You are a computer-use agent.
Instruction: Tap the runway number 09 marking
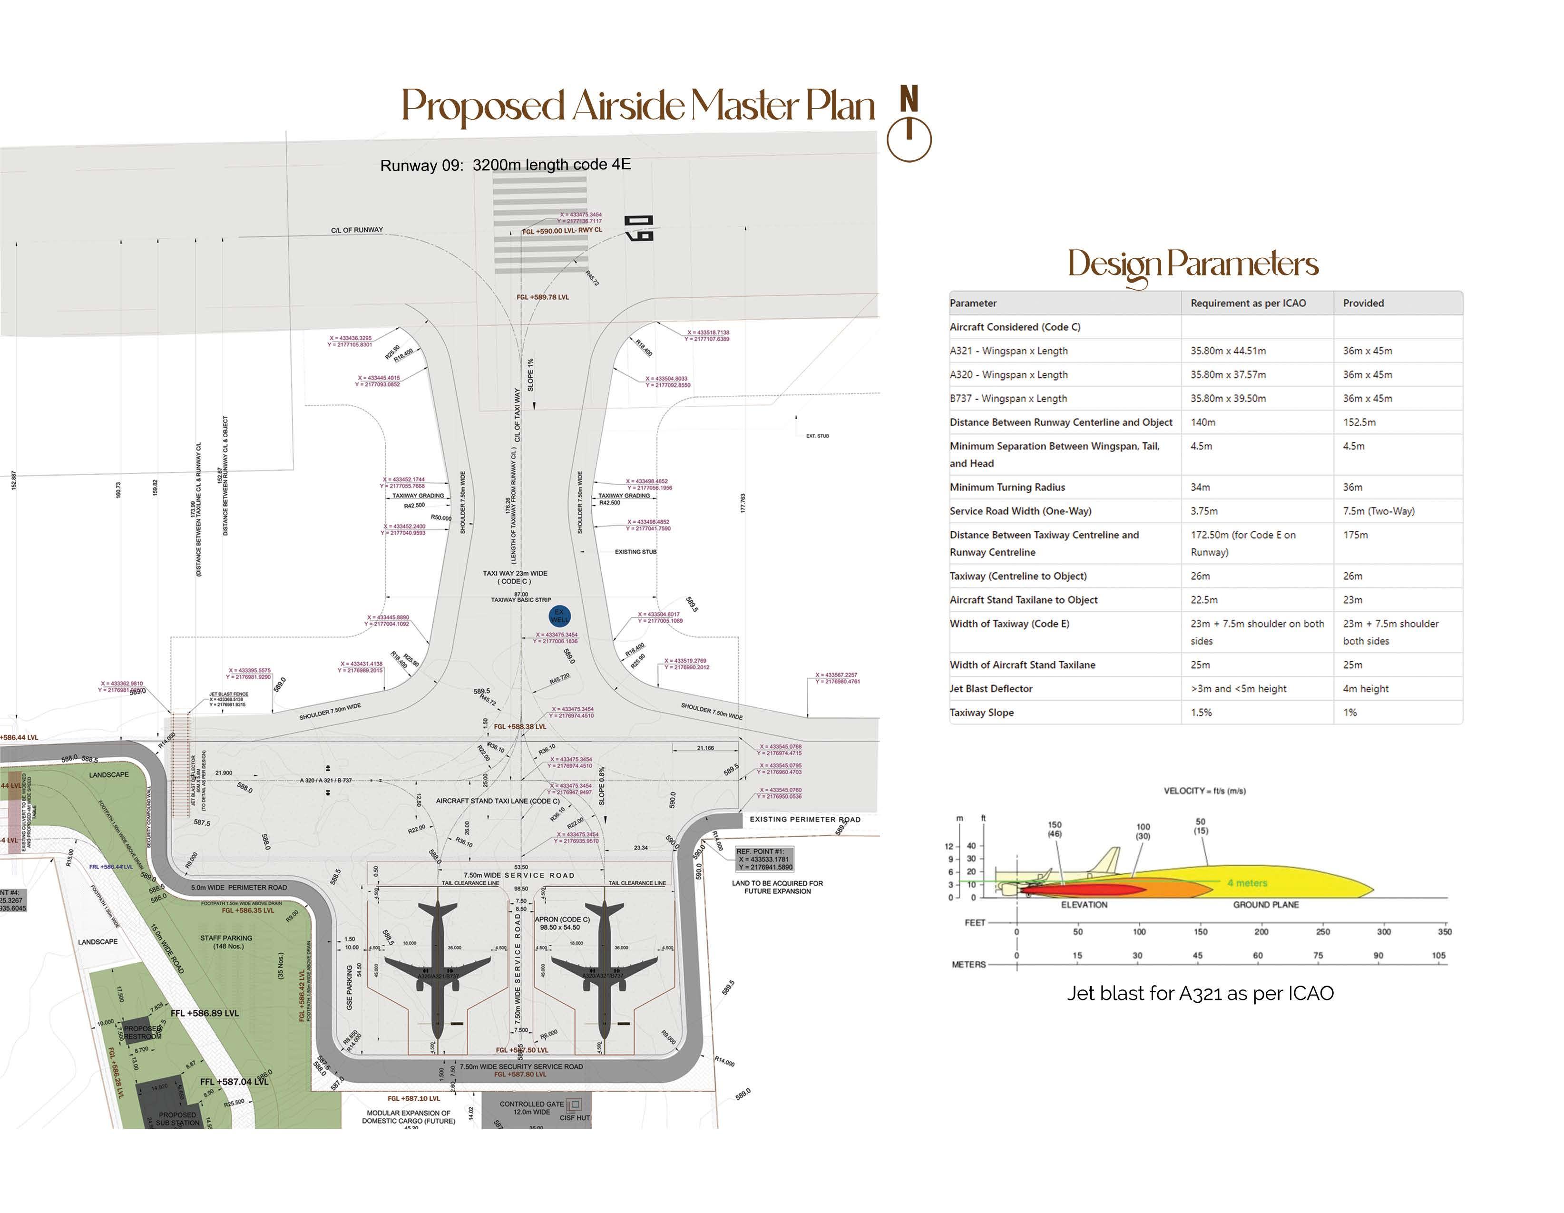click(x=639, y=228)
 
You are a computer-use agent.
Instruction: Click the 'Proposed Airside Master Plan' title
click(x=637, y=106)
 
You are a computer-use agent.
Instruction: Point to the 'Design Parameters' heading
click(x=1193, y=264)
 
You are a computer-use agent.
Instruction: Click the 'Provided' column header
click(x=1363, y=303)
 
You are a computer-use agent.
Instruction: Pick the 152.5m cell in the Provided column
click(x=1359, y=422)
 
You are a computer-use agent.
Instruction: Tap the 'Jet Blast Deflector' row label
click(x=990, y=689)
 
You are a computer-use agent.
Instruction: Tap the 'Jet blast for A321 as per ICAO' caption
click(x=1200, y=993)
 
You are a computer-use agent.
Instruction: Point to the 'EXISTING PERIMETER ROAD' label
click(x=804, y=819)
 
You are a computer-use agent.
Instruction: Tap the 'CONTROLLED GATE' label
click(x=531, y=1104)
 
